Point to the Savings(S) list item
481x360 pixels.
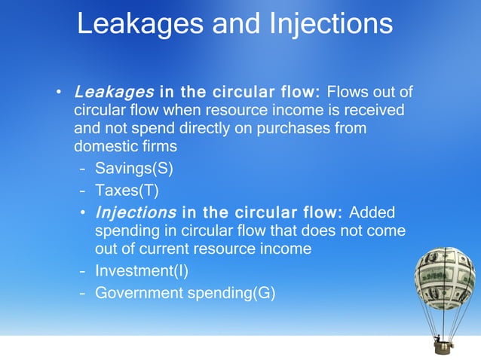[x=139, y=167]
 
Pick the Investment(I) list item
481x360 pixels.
[x=141, y=270]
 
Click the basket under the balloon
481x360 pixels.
[x=443, y=346]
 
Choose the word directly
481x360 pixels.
[x=206, y=128]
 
